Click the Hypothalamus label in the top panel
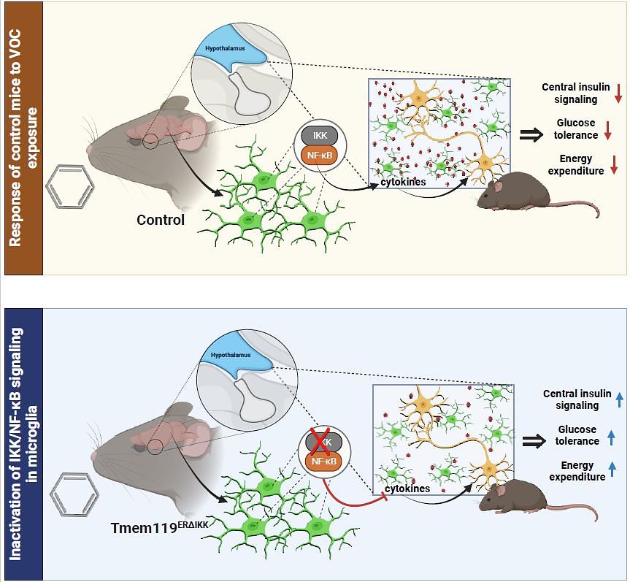coord(225,48)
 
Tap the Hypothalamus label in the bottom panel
coord(231,355)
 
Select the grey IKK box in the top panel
coord(320,136)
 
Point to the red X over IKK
coord(320,441)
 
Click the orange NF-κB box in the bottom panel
coord(324,461)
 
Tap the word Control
coord(161,220)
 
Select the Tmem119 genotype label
coord(160,526)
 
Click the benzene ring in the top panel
coord(70,186)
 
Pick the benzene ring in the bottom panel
coord(74,494)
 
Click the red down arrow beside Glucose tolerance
coord(608,130)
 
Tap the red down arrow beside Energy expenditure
coord(614,165)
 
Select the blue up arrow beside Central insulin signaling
coord(619,400)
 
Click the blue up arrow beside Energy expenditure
coord(612,469)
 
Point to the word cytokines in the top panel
coord(403,182)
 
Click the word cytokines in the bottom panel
coord(407,489)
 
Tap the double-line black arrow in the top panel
coord(531,135)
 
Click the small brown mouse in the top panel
coord(537,192)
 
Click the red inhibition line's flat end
coord(386,498)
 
